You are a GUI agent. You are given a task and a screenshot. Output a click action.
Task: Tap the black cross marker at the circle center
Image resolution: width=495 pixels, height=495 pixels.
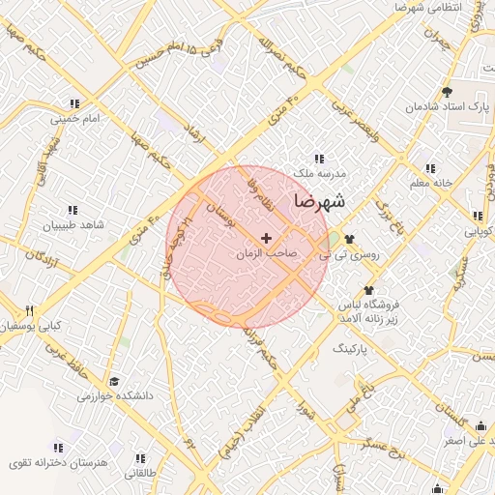[x=266, y=238]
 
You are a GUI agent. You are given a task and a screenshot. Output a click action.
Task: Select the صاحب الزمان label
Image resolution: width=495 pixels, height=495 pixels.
[x=266, y=254]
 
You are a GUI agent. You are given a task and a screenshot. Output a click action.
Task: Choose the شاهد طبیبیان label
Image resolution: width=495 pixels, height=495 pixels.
[x=71, y=225]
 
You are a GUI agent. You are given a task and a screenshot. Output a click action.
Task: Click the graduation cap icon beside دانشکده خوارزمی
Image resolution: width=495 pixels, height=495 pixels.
[x=114, y=382]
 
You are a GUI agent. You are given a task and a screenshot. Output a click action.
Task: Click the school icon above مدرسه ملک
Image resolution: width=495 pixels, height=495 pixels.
[x=319, y=159]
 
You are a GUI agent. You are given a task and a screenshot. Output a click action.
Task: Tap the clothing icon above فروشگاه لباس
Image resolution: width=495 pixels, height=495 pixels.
[x=368, y=289]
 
